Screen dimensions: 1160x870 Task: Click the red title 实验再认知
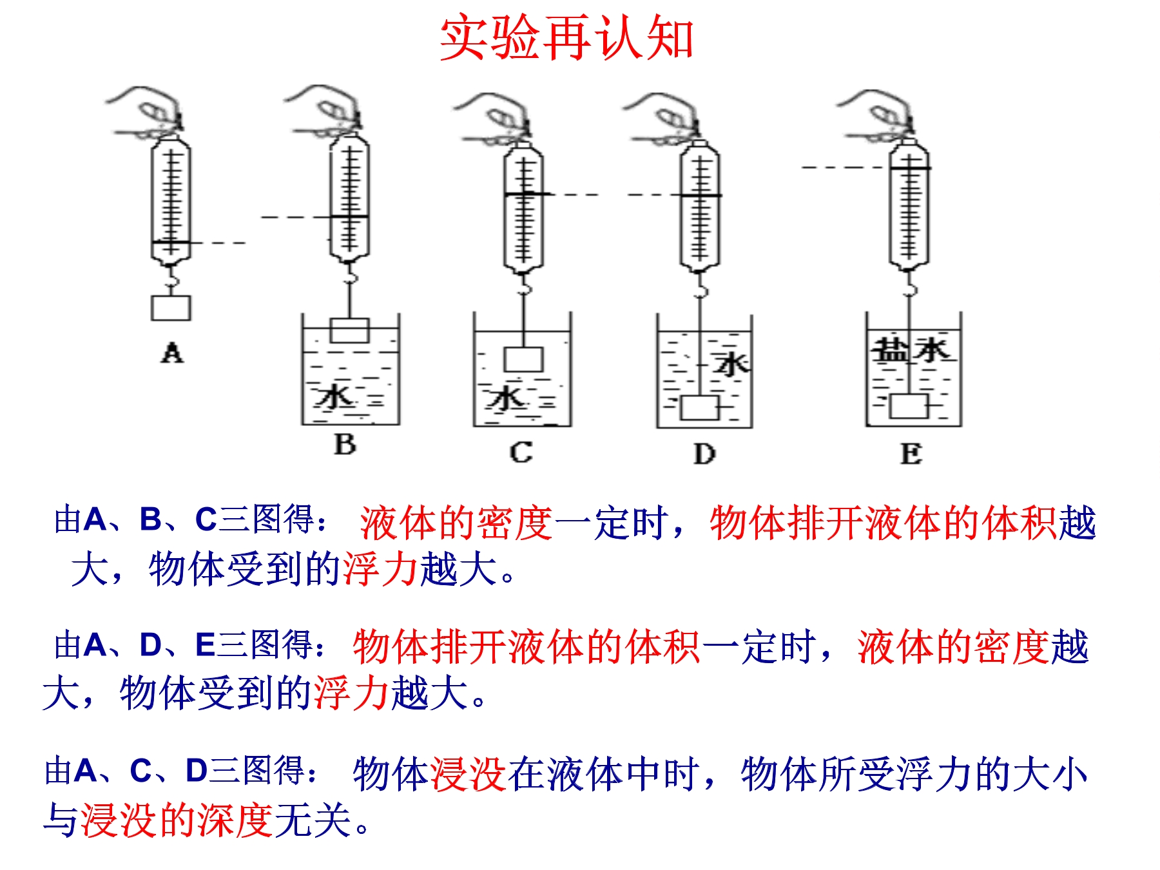[566, 38]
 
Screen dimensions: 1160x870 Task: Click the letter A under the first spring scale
[172, 353]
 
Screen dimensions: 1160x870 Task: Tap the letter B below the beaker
[345, 445]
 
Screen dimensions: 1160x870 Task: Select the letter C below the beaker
[521, 452]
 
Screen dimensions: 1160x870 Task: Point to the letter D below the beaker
[704, 454]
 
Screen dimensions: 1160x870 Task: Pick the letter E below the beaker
[911, 454]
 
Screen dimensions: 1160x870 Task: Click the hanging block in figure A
[171, 308]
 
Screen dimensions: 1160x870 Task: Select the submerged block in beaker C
[524, 360]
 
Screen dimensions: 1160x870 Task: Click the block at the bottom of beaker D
[700, 407]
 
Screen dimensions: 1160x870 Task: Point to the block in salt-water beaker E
[909, 406]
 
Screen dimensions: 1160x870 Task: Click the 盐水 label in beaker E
[911, 351]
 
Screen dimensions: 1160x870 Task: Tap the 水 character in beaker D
[731, 364]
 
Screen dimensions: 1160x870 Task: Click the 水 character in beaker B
[334, 397]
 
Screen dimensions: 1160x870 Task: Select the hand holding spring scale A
[148, 113]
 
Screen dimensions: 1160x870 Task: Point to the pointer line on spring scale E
[909, 168]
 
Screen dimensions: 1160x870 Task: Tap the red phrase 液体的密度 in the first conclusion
[456, 523]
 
